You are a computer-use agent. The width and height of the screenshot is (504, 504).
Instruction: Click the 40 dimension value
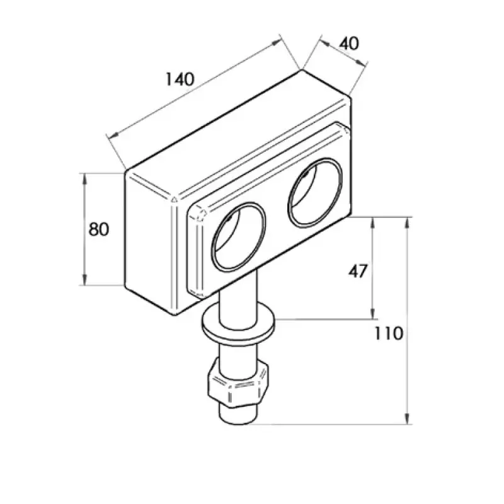(348, 43)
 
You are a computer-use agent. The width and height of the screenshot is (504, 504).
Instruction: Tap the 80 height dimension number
(98, 229)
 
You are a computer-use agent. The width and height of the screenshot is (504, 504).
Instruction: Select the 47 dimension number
(358, 271)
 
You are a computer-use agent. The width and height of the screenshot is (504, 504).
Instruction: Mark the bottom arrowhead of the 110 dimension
(408, 420)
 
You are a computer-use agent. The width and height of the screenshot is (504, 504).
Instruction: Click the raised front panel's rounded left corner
(198, 215)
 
